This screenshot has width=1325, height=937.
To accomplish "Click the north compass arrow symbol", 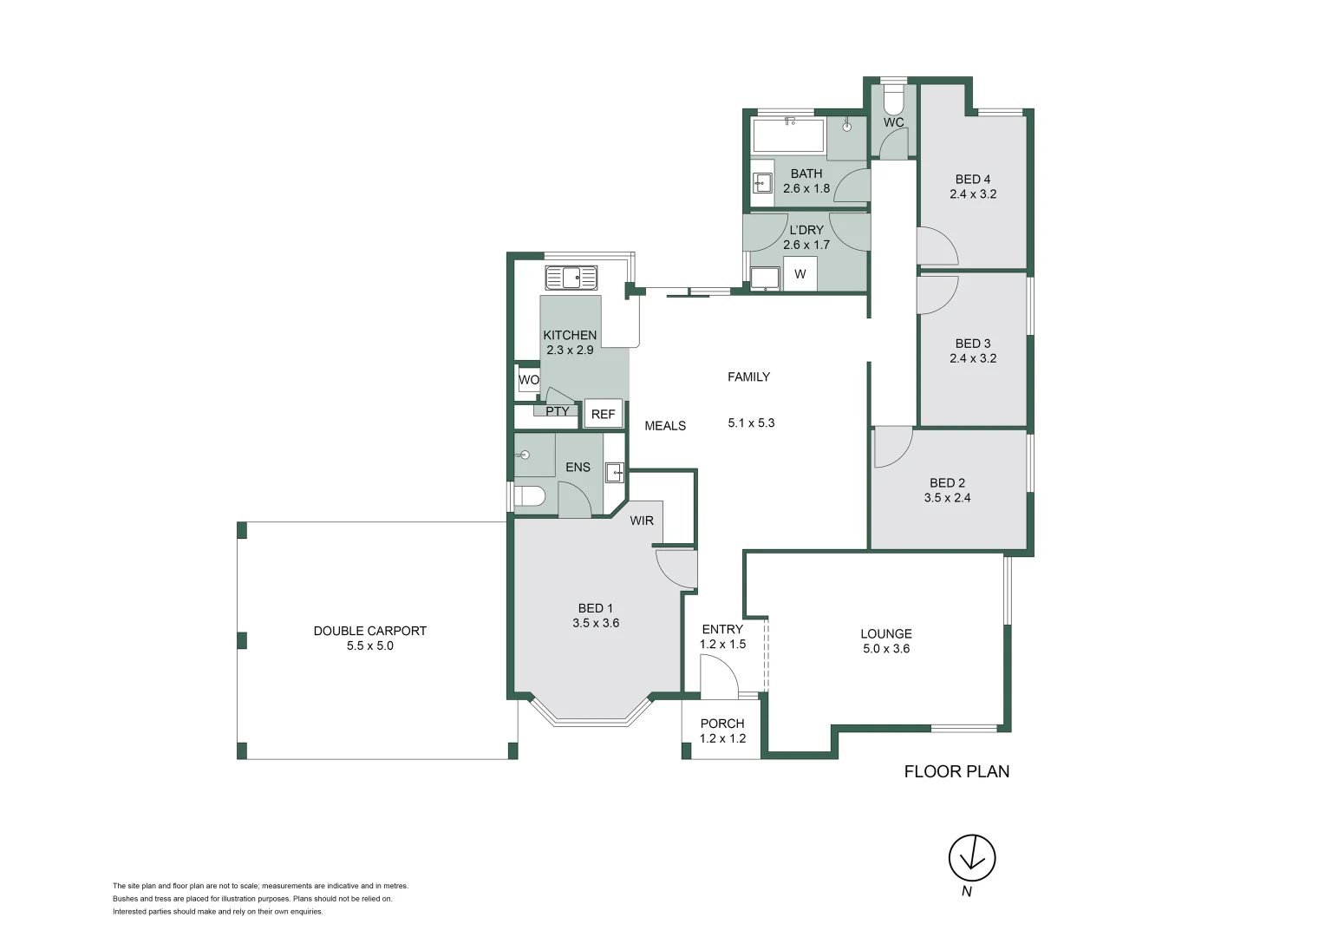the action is (972, 858).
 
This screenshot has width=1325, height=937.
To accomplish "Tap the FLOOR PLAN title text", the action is (956, 772).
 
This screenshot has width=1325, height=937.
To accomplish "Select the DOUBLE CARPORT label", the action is (369, 631).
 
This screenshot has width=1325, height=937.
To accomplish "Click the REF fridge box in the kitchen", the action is (604, 414).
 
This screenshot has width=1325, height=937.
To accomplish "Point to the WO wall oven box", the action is (528, 380).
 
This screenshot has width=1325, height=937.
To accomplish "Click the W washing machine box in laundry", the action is (800, 273).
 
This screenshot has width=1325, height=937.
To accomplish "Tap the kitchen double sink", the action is (571, 278).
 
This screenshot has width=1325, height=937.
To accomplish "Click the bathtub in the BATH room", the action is (788, 136).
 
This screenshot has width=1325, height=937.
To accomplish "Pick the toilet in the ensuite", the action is (529, 496).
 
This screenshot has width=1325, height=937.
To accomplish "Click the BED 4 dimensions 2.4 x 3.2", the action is (973, 194).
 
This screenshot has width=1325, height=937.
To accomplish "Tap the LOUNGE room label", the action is (886, 634).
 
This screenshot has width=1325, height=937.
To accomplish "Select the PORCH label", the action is (722, 724).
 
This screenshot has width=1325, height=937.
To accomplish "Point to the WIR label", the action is (642, 521).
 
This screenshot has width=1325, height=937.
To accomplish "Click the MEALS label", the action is (665, 426).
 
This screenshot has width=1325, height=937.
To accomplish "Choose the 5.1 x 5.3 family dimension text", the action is (751, 423).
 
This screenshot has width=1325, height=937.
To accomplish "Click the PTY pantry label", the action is (558, 410).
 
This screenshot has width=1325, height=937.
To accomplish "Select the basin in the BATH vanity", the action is (762, 183).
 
